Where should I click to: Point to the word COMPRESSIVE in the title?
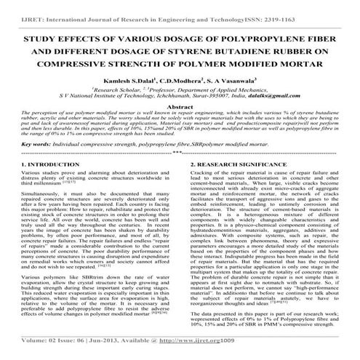tap(78, 70)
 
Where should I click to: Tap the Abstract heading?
tap(180, 127)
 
